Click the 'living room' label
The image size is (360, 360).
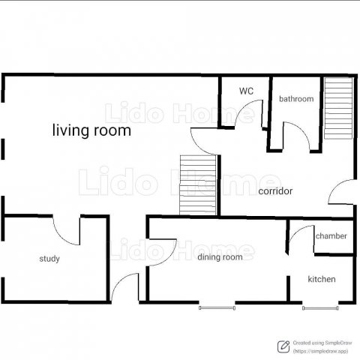pos(91,130)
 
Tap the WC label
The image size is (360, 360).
pos(246,91)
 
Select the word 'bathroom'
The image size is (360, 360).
pos(296,99)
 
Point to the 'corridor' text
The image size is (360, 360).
pos(275,191)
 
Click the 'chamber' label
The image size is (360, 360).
pos(331,236)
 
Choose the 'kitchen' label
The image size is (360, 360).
pos(322,279)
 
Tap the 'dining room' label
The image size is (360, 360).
pos(220,257)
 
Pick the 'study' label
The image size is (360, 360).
pos(49,259)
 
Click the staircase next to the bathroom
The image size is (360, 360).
pos(338,108)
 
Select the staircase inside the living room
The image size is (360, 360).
pos(198,185)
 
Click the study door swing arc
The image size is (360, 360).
pos(62,238)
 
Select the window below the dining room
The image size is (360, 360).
pos(217,308)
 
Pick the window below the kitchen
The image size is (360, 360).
pos(320,308)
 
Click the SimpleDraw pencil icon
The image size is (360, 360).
pos(283,346)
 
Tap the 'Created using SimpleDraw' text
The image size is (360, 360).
pos(322,343)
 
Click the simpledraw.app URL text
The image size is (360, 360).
pos(321,351)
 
